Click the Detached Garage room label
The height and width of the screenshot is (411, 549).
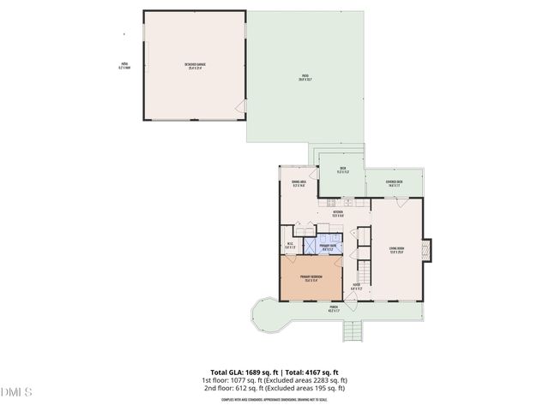pos(196,65)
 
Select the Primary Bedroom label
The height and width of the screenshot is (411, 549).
pos(311,277)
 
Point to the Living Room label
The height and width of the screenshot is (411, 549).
pos(396,251)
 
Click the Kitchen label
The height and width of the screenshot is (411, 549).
pos(337,213)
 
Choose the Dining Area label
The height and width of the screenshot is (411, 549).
pos(298,183)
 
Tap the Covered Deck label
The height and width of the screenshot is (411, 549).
pos(395,183)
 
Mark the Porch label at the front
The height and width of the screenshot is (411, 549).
pos(334,309)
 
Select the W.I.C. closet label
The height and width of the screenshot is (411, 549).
pos(290,247)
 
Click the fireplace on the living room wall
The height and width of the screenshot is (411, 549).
pos(431,250)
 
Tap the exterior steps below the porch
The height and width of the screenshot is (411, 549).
pos(354,332)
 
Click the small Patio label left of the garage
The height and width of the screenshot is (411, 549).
pos(124,66)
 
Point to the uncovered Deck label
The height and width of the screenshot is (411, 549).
pos(342,170)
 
